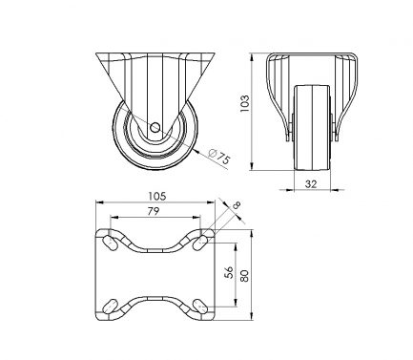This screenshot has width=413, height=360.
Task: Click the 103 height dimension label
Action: [x=244, y=103]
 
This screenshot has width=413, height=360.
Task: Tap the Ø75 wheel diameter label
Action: [x=219, y=157]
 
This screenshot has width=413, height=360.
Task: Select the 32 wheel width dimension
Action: [x=311, y=184]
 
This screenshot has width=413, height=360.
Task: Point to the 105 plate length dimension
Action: [x=157, y=196]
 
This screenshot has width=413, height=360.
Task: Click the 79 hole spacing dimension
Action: [x=154, y=211]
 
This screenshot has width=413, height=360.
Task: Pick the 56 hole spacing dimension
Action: [x=229, y=272]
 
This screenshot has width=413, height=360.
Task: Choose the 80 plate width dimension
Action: [x=244, y=275]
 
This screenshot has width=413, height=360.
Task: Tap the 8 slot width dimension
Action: [x=237, y=206]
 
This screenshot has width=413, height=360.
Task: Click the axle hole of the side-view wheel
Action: [x=155, y=128]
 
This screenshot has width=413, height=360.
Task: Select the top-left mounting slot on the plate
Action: [x=111, y=244]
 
